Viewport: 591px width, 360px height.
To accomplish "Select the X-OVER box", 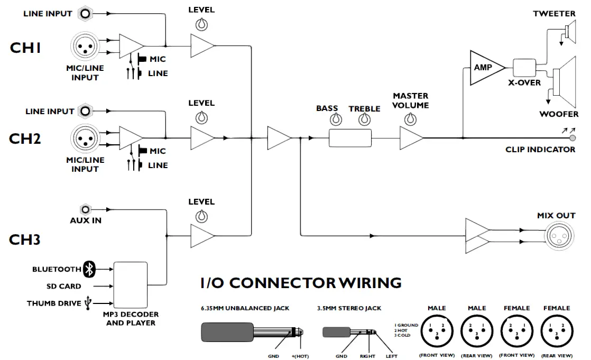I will click(x=524, y=68).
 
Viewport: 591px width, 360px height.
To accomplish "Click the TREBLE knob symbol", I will click(x=364, y=120).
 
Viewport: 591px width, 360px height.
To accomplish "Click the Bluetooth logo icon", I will click(x=90, y=270).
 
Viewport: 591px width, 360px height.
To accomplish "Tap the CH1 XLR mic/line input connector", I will click(x=84, y=47).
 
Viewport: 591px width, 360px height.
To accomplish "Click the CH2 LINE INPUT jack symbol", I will click(x=84, y=112).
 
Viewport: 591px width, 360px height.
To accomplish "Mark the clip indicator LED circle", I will click(x=572, y=138).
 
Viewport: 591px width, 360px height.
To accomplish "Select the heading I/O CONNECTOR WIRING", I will click(x=300, y=283).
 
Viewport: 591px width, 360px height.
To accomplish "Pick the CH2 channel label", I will click(x=25, y=139).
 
